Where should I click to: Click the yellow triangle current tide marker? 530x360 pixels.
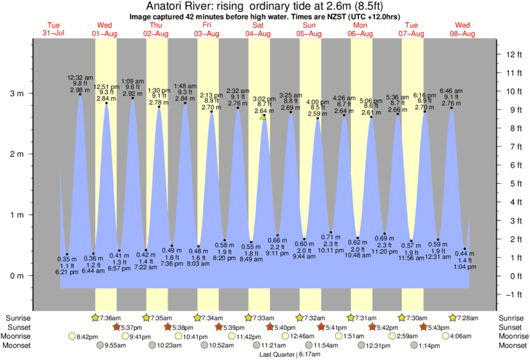pos(263,116)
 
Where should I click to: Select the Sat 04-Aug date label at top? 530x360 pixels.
pos(258,29)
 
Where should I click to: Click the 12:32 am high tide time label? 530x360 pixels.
pos(79,77)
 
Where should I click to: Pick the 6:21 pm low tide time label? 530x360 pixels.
pos(67,272)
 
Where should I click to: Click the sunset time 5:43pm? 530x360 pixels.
pos(438,327)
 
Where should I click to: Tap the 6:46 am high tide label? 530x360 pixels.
pos(452,90)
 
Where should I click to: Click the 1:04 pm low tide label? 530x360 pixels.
pos(464,266)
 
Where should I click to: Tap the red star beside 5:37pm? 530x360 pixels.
pos(116,327)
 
